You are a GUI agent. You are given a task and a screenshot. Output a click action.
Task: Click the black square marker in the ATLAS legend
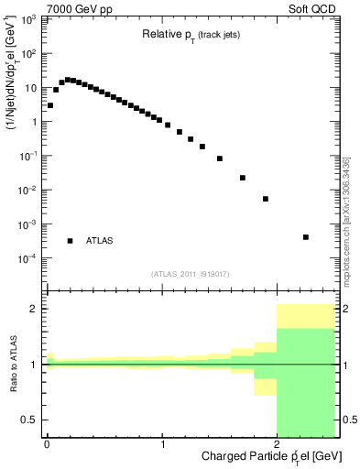click(70, 241)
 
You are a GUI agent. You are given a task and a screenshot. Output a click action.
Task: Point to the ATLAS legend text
click(100, 241)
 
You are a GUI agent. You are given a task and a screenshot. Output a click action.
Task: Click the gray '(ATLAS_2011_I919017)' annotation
click(191, 274)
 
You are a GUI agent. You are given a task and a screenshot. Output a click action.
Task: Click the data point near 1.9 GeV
click(266, 199)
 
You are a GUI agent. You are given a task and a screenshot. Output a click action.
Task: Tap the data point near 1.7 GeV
click(243, 178)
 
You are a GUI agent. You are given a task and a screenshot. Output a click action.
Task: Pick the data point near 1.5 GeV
click(220, 158)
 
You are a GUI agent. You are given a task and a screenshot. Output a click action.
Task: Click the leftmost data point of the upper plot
click(50, 105)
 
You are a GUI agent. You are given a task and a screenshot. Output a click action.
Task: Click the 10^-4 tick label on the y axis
click(28, 258)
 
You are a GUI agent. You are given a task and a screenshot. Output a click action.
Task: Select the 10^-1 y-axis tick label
click(28, 156)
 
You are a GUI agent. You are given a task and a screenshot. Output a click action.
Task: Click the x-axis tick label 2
click(278, 443)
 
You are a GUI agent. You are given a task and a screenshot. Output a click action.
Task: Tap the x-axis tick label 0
click(47, 443)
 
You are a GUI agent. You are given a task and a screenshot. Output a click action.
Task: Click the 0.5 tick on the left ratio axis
click(33, 420)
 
